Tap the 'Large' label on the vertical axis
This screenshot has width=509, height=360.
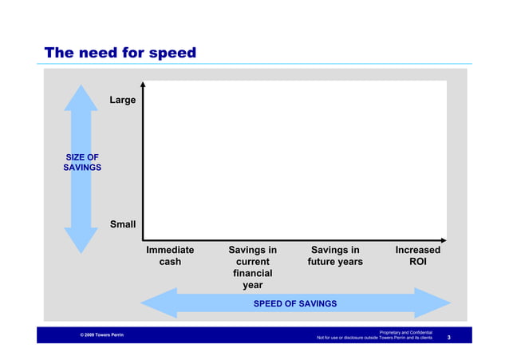[123, 101]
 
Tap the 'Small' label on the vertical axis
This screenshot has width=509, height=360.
[123, 224]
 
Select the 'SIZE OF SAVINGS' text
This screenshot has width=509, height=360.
[81, 163]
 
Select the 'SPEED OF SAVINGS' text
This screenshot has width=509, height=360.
[294, 304]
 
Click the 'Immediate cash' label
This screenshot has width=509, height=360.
[170, 256]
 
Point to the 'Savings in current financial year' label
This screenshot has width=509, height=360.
[252, 267]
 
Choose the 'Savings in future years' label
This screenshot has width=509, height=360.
[334, 256]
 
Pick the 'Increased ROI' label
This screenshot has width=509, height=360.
[417, 256]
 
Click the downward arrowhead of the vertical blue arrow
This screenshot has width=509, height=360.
[81, 240]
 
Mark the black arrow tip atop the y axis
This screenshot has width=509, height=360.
[143, 83]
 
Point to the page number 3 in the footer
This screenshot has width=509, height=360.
[449, 338]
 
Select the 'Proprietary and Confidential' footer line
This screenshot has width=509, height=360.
[405, 331]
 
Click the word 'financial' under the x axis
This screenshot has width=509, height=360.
[252, 273]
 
